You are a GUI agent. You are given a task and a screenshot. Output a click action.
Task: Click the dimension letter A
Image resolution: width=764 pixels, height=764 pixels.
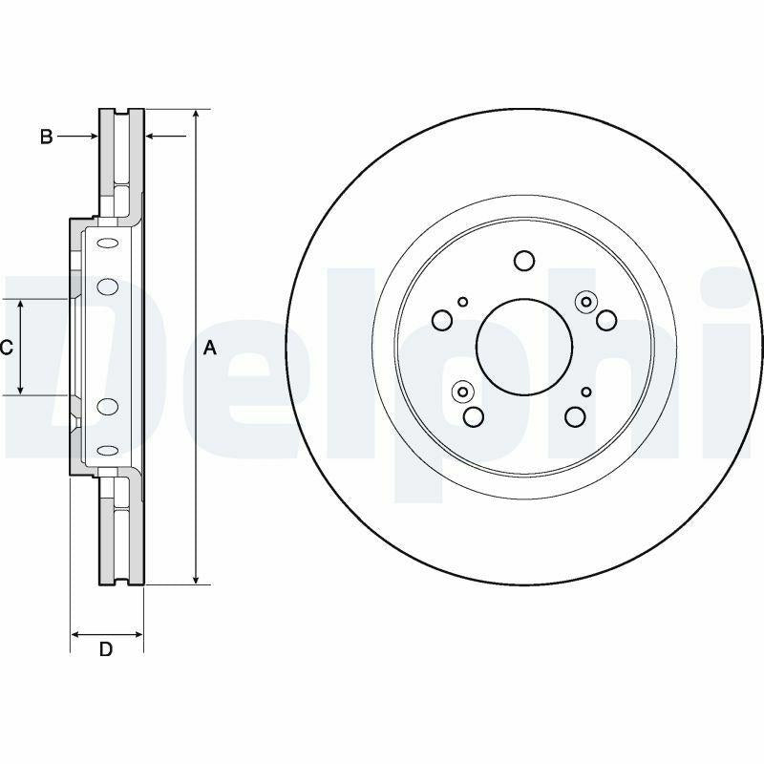coord(211,350)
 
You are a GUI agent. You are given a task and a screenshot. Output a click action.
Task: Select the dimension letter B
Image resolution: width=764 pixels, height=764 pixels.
coord(45,138)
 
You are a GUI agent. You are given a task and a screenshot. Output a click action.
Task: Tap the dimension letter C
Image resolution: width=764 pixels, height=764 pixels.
coord(7,348)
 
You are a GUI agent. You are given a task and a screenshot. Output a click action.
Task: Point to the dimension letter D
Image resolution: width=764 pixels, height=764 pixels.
coord(106,650)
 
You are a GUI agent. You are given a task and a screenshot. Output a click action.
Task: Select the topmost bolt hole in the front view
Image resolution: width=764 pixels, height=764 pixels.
coord(523,260)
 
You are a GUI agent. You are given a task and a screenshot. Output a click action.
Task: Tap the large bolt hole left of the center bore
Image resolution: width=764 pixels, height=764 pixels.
coord(442,321)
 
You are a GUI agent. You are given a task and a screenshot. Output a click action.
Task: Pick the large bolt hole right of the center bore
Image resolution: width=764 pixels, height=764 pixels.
coord(605,320)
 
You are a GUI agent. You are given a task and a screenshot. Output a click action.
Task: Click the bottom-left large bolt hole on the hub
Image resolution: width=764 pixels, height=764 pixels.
coord(473,416)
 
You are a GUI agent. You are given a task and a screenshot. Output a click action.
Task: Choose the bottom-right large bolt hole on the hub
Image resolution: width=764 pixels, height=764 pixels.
coord(574,416)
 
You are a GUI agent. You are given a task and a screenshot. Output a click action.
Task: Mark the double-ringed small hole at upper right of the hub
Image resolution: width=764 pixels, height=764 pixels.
coord(584,302)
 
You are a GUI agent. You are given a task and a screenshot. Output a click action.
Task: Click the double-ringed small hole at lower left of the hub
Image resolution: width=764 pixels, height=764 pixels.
coord(463,391)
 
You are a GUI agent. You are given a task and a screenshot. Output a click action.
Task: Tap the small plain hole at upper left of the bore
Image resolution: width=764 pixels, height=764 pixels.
coord(462,302)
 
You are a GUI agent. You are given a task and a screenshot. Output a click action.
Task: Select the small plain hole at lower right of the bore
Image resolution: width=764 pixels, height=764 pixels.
coord(586,392)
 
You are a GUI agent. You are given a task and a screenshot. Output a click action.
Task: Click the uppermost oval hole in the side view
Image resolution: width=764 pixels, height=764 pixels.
coord(107,243)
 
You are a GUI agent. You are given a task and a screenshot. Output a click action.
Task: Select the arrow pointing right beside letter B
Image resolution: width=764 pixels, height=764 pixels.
coord(92,137)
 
